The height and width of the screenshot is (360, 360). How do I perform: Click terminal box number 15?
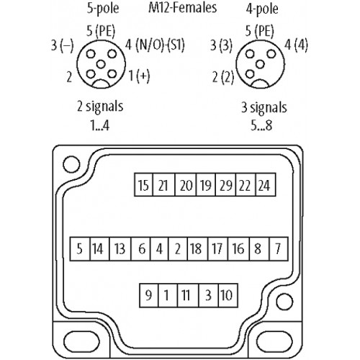(143, 184)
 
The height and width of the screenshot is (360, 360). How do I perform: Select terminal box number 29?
(226, 184)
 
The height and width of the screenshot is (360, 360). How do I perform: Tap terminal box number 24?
(266, 184)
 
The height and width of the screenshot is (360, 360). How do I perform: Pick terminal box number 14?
(99, 248)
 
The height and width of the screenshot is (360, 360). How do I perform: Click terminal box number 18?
(197, 248)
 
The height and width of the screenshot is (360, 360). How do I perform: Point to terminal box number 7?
(279, 248)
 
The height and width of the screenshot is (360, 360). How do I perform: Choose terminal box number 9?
(149, 295)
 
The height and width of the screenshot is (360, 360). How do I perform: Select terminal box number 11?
(188, 295)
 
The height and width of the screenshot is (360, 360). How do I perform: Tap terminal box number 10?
(228, 295)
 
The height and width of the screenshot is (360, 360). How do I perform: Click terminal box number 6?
(140, 248)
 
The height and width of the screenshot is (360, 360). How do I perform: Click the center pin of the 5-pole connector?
(101, 64)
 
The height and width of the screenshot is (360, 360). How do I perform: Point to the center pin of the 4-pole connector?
(260, 64)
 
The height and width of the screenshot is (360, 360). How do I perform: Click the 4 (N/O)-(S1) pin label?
(155, 45)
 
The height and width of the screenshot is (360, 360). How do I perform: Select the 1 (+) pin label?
(139, 76)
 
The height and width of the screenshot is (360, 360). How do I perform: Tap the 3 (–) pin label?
(62, 45)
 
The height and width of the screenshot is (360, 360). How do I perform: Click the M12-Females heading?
(182, 8)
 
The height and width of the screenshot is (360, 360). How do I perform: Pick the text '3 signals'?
(264, 107)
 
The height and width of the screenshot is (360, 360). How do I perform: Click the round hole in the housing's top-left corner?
(71, 164)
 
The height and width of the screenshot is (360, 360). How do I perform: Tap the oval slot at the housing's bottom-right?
(274, 342)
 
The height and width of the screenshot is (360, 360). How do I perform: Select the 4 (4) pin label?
(296, 45)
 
